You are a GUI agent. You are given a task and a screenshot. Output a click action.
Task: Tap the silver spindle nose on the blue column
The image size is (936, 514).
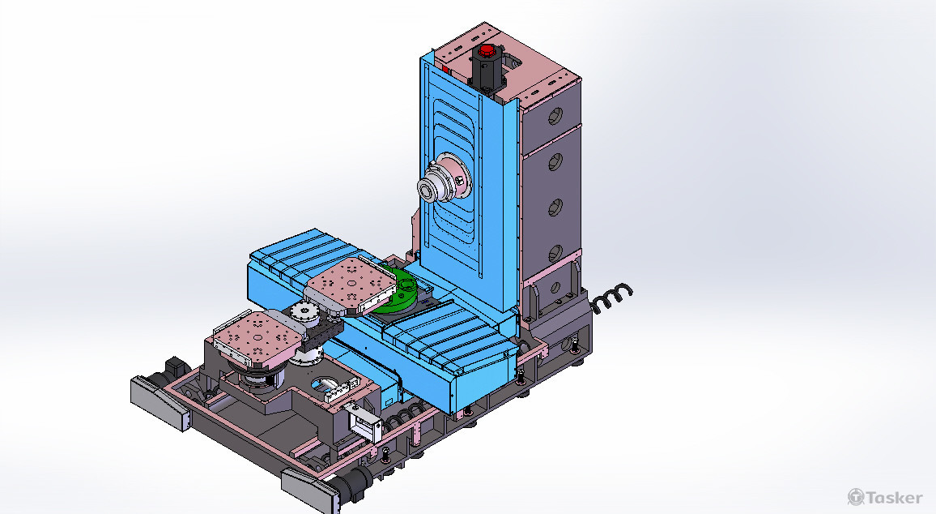pyautogui.click(x=445, y=182)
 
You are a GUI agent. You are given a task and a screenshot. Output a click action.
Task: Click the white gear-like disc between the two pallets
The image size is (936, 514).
pyautogui.click(x=304, y=311)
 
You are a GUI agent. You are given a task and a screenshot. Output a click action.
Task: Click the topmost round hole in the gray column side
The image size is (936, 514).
pyautogui.click(x=555, y=115)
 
